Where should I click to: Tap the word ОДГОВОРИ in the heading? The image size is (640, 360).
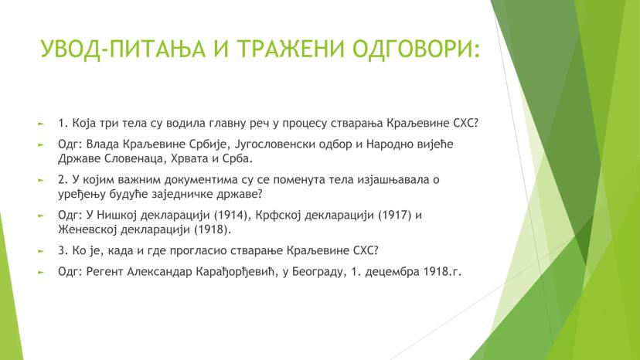tap(416, 49)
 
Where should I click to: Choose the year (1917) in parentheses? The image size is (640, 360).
tap(395, 215)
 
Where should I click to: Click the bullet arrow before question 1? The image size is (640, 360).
tap(41, 123)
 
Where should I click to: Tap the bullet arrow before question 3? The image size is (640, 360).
tap(41, 250)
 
